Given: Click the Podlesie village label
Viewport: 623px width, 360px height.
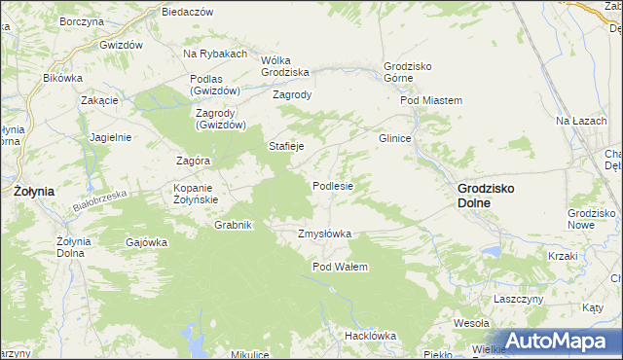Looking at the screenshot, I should click(x=332, y=186).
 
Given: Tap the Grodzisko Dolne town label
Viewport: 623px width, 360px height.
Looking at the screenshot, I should click(x=487, y=196).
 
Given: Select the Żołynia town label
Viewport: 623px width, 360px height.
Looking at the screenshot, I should click(x=34, y=192).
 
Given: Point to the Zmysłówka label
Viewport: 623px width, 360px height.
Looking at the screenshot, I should click(x=324, y=234).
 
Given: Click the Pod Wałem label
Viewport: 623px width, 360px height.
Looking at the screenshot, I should click(x=340, y=267).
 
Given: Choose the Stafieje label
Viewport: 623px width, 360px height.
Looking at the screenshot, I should click(x=287, y=146).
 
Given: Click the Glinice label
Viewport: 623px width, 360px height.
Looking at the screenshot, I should click(x=395, y=138).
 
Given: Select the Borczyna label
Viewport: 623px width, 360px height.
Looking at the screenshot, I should click(x=82, y=20).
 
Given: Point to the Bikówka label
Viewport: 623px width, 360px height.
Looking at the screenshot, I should click(x=63, y=77).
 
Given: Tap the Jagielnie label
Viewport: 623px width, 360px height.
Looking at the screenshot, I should click(x=110, y=137).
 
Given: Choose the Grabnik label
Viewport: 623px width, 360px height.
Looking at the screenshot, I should click(x=234, y=225).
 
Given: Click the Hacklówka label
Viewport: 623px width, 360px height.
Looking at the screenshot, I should click(x=370, y=336).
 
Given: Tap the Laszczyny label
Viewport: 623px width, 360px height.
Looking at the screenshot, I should click(x=518, y=299).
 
